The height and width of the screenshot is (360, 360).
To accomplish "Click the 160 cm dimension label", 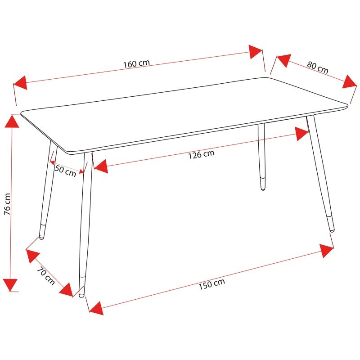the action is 137,63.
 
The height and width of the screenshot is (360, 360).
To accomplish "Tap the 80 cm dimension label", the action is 318,67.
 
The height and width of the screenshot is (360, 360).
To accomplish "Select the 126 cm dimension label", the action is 201,154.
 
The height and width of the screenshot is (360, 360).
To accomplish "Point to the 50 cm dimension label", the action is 65,171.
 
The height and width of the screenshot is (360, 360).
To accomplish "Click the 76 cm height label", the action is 7,204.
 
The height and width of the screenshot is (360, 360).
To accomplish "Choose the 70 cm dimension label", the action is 46,276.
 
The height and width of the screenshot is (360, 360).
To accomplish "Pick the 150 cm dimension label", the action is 211,284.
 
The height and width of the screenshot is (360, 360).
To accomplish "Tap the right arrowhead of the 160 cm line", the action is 255,52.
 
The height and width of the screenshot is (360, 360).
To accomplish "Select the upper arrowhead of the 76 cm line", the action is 12,121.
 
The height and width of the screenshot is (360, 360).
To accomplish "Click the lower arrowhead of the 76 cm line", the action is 10,285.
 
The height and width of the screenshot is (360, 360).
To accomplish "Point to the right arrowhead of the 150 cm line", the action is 327,251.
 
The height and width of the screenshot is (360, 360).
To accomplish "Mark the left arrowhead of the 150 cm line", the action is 96,308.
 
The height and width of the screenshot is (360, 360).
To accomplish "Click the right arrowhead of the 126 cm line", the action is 301,134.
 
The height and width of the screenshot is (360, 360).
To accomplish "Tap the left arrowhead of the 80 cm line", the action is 284,61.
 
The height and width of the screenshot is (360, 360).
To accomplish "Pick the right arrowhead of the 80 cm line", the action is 350,82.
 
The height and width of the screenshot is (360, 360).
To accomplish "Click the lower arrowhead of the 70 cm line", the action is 66,290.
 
